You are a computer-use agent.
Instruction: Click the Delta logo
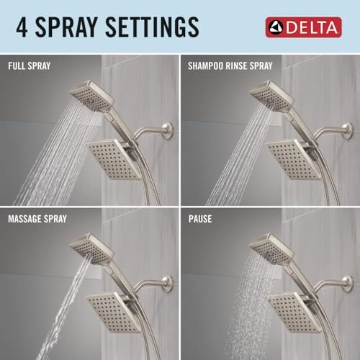click(303, 27)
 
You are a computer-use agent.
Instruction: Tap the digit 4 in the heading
click(22, 27)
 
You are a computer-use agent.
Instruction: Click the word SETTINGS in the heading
click(152, 27)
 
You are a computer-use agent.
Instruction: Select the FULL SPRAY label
click(30, 66)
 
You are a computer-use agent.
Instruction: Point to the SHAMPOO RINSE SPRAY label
click(230, 66)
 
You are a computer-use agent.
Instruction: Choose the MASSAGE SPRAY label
click(37, 219)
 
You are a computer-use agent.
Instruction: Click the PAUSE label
click(200, 219)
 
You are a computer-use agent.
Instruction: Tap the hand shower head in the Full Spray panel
click(91, 96)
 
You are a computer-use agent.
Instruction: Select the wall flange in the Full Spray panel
click(168, 130)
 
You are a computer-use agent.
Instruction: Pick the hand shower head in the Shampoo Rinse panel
click(271, 96)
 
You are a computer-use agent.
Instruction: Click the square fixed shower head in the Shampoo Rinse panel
click(294, 159)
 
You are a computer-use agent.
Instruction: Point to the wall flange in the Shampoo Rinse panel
click(347, 130)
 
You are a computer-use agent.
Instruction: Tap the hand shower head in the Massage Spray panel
click(91, 249)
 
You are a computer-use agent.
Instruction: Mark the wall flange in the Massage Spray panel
click(168, 284)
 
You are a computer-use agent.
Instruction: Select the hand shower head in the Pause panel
click(271, 249)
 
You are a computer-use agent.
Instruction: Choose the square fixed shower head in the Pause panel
click(294, 312)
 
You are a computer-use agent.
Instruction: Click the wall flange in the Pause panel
click(347, 284)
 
